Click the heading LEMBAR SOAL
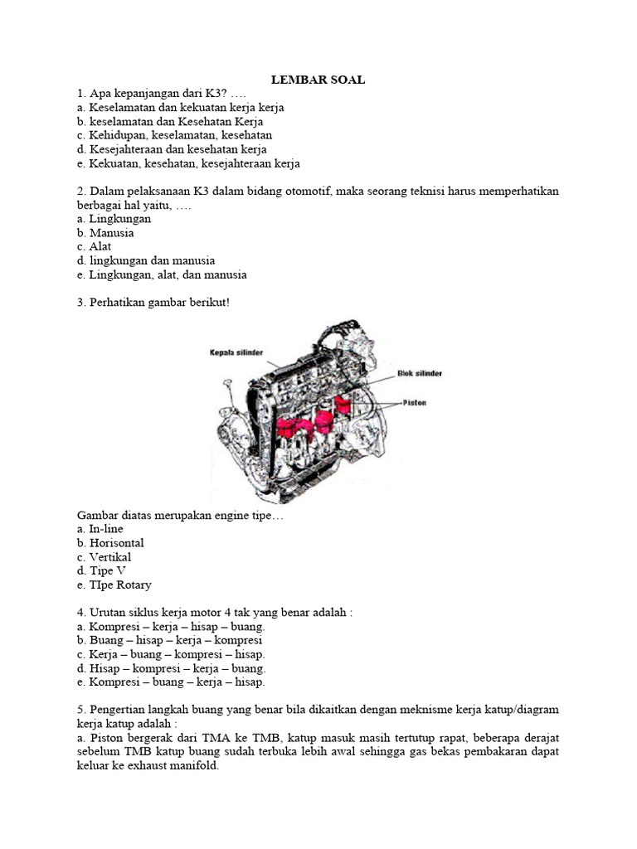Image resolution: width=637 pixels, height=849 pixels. point(318,80)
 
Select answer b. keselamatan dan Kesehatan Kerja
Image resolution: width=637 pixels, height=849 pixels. point(169,121)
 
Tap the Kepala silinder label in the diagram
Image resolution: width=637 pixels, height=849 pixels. point(236,352)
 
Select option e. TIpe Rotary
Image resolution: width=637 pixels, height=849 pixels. point(114,585)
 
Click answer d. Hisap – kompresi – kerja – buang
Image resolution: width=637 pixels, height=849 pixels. point(171,668)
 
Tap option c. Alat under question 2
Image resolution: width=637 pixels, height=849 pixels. point(93,246)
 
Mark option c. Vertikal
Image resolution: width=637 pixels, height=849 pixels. point(105,556)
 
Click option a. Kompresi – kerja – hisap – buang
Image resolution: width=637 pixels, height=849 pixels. point(171,626)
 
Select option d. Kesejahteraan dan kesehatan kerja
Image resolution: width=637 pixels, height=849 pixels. point(172,149)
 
